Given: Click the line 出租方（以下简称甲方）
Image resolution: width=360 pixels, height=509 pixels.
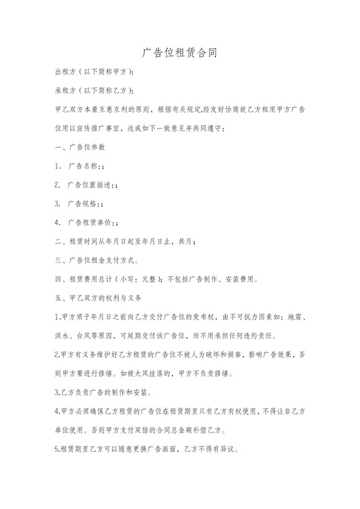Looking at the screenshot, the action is (104, 72).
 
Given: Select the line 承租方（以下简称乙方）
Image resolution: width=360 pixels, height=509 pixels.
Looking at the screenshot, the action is (104, 91).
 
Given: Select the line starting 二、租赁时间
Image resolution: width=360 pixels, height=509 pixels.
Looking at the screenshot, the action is (125, 242).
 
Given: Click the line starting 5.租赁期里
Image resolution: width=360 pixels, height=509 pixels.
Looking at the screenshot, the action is (147, 449).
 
